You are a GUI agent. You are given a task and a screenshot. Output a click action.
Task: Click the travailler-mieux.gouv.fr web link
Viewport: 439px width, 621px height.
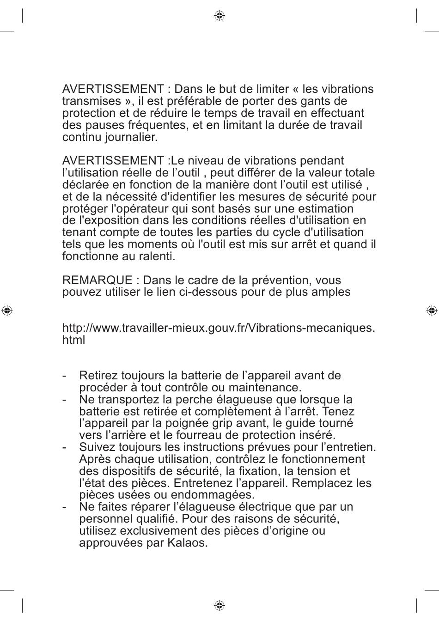click(218, 328)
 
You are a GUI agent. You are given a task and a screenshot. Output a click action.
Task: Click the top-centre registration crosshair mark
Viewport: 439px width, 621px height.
click(219, 16)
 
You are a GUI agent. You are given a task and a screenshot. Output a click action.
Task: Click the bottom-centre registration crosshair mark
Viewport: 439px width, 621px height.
click(219, 605)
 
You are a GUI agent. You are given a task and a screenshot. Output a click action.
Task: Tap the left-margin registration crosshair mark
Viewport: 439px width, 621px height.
click(7, 310)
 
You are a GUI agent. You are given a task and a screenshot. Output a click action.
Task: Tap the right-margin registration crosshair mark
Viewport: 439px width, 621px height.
click(432, 310)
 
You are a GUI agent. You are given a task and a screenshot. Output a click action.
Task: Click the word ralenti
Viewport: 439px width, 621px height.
click(159, 256)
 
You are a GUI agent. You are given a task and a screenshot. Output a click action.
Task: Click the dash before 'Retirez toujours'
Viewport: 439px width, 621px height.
click(65, 376)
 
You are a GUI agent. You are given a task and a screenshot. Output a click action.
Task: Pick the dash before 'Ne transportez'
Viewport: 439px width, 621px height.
click(65, 400)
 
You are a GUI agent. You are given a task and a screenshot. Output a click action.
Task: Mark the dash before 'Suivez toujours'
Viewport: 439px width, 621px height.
click(65, 447)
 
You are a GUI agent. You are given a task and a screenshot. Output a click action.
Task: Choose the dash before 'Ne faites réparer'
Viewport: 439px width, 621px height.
click(65, 507)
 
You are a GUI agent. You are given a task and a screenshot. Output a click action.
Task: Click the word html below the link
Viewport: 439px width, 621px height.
click(74, 340)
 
